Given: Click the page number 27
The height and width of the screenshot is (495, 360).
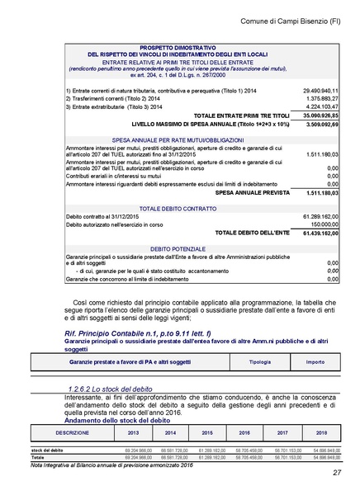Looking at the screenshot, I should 337,473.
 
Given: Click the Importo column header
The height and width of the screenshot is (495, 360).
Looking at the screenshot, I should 315,362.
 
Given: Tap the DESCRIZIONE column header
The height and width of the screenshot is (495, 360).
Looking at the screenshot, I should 72,432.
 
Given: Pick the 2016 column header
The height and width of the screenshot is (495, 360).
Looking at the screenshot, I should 244,432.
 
